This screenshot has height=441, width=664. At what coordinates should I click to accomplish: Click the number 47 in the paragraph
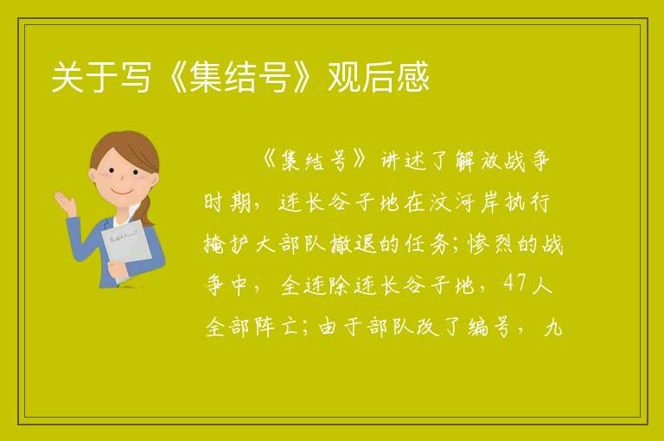515,283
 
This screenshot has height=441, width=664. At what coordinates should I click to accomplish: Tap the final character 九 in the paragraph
553,327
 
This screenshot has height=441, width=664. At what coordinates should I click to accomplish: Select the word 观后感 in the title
379,77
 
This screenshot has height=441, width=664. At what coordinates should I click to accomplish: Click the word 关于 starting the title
84,77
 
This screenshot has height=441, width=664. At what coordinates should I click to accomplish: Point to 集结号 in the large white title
240,77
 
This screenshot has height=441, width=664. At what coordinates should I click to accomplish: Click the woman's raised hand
66,202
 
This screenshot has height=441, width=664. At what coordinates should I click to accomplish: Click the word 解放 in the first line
478,161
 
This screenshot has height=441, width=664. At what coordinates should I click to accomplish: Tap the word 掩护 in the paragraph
227,244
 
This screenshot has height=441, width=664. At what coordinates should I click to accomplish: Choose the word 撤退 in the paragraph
353,244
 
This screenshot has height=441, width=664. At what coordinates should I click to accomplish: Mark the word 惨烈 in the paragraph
490,244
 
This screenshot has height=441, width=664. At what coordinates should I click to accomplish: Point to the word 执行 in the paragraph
527,202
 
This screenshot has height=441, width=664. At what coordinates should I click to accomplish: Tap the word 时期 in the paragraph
227,202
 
